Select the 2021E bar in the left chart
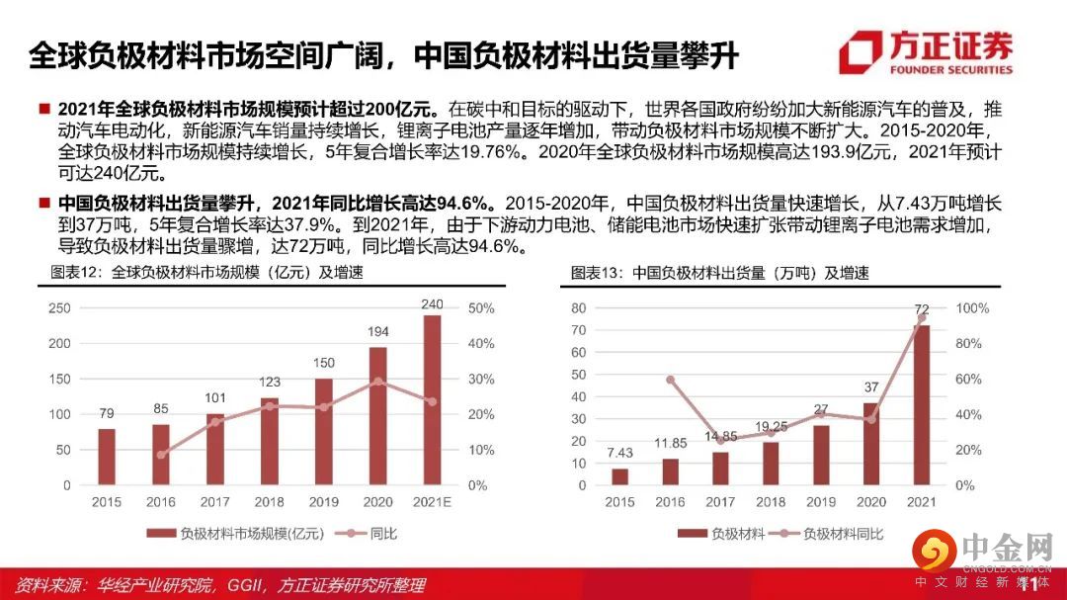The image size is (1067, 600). coord(432,400)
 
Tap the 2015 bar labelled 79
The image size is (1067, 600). coord(107,457)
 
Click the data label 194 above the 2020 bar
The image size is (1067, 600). coord(377,332)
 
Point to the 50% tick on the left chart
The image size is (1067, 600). coord(481,308)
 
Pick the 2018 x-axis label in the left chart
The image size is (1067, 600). coord(269,502)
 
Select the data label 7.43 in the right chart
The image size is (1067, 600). coord(619,453)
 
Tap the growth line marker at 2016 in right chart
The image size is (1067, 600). coord(671,380)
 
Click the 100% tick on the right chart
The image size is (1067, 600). coord(972,308)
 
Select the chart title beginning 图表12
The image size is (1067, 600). coord(207,273)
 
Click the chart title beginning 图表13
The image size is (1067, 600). coord(720,273)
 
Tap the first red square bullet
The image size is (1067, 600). coord(44,108)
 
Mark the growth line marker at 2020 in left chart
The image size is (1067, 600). coord(377,381)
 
